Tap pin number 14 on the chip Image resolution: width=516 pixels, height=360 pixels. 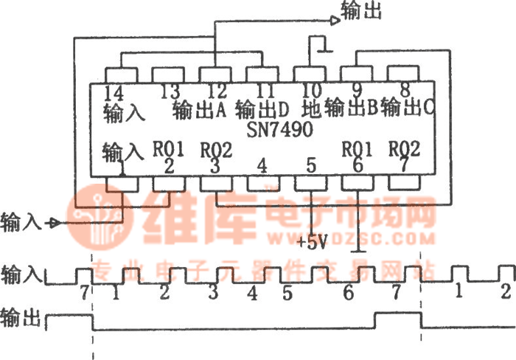tap(114, 92)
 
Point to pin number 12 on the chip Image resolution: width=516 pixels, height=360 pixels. tap(215, 92)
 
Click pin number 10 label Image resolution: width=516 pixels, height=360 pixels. tap(310, 92)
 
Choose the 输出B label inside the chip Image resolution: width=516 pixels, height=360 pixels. tap(351, 110)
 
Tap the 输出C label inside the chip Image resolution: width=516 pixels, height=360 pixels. tap(407, 110)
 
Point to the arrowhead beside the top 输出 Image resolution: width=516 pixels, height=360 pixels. tap(335, 21)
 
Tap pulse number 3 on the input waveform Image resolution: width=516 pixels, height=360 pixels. tap(213, 291)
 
